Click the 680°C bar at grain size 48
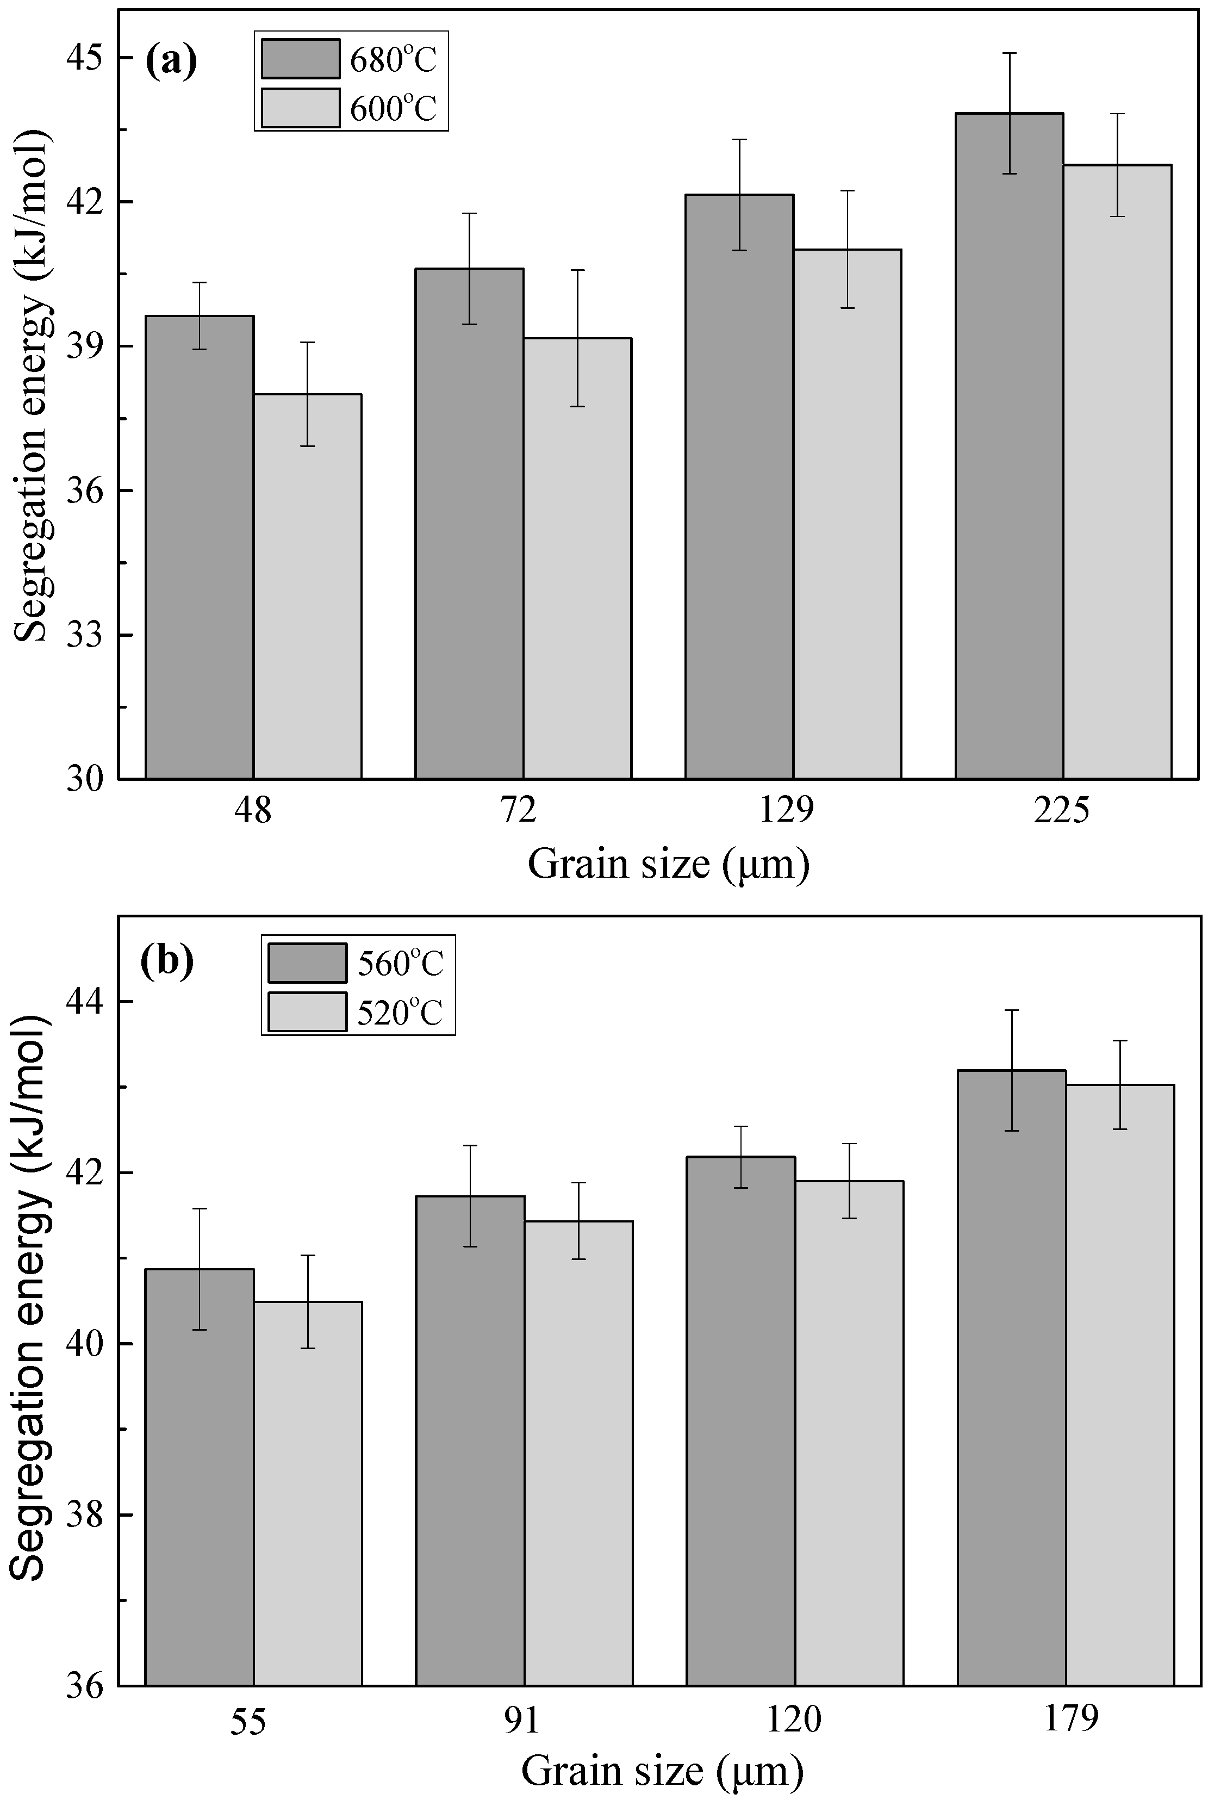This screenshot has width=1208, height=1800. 200,547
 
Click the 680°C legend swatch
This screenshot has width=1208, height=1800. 301,59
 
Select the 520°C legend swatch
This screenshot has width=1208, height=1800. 307,1011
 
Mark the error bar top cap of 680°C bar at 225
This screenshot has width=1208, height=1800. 1009,53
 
